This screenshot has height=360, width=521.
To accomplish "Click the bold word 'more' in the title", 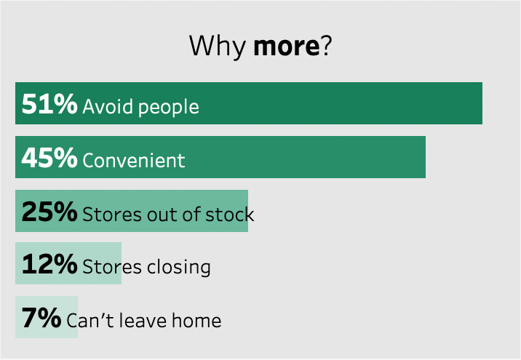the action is (x=287, y=46).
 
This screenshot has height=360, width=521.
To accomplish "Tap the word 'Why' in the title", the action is (x=218, y=46).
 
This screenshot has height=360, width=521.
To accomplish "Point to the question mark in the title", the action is (x=326, y=45).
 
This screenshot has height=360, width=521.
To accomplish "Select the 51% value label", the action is (x=49, y=103).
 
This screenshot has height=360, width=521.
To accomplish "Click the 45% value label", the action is (x=49, y=157).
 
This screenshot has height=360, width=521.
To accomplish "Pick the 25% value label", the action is (x=49, y=211).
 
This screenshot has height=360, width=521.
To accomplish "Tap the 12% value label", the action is (x=49, y=264).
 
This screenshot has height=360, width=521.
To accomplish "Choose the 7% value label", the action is (x=41, y=318).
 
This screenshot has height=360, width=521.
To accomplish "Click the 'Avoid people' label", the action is (x=141, y=107).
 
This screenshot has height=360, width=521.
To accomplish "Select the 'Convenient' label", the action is (x=134, y=161).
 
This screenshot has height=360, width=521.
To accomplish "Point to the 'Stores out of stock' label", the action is (x=168, y=215).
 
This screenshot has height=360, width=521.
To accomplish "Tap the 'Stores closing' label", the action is (x=146, y=268).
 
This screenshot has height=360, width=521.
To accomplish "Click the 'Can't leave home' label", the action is (x=144, y=320).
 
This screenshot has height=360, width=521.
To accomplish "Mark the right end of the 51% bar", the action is (x=482, y=103).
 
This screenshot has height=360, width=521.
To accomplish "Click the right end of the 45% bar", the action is (x=425, y=157).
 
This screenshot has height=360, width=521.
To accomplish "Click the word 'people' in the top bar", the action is (x=169, y=108).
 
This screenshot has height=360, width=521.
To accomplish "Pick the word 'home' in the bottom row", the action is (x=196, y=320).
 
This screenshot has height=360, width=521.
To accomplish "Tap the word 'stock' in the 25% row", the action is (x=230, y=215).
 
